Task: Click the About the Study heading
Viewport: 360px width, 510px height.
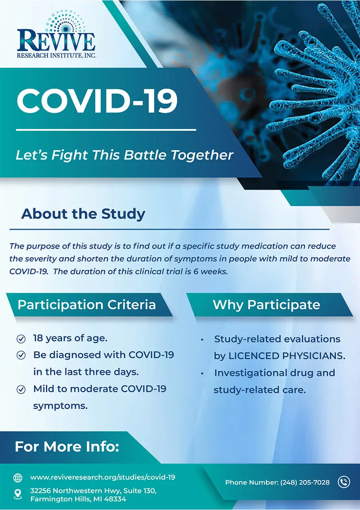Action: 83,214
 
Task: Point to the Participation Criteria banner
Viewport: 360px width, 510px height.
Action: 87,305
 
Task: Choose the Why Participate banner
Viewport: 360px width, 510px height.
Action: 266,305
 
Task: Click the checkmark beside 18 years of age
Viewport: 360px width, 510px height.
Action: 21,339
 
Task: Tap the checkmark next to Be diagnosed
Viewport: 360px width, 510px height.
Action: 21,355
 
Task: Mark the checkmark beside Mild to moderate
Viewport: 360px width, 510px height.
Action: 21,389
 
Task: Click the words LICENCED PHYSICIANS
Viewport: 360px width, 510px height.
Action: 287,356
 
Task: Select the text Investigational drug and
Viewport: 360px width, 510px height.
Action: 274,373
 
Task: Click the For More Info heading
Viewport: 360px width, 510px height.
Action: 67,447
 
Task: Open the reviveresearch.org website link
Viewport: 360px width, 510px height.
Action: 103,477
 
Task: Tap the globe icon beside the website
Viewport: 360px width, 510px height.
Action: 18,478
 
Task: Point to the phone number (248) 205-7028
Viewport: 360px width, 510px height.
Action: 305,483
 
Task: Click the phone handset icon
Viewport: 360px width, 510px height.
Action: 344,482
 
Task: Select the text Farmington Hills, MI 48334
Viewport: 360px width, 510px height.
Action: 78,499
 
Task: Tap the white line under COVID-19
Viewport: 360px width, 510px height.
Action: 106,129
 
